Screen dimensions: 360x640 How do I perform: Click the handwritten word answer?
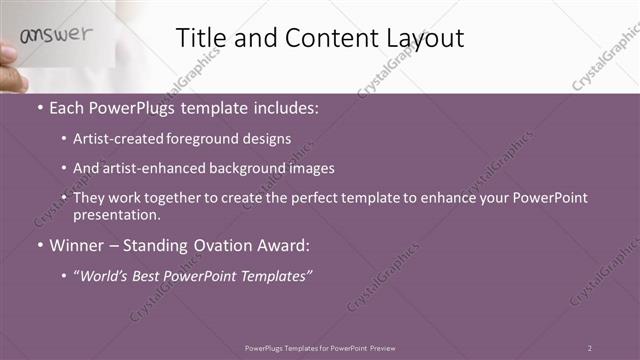pyautogui.click(x=56, y=35)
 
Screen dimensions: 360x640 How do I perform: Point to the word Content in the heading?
pyautogui.click(x=323, y=38)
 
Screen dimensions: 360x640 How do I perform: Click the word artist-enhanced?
pyautogui.click(x=149, y=169)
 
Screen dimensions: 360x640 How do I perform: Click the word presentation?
pyautogui.click(x=116, y=214)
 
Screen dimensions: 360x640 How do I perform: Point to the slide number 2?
pyautogui.click(x=590, y=348)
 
